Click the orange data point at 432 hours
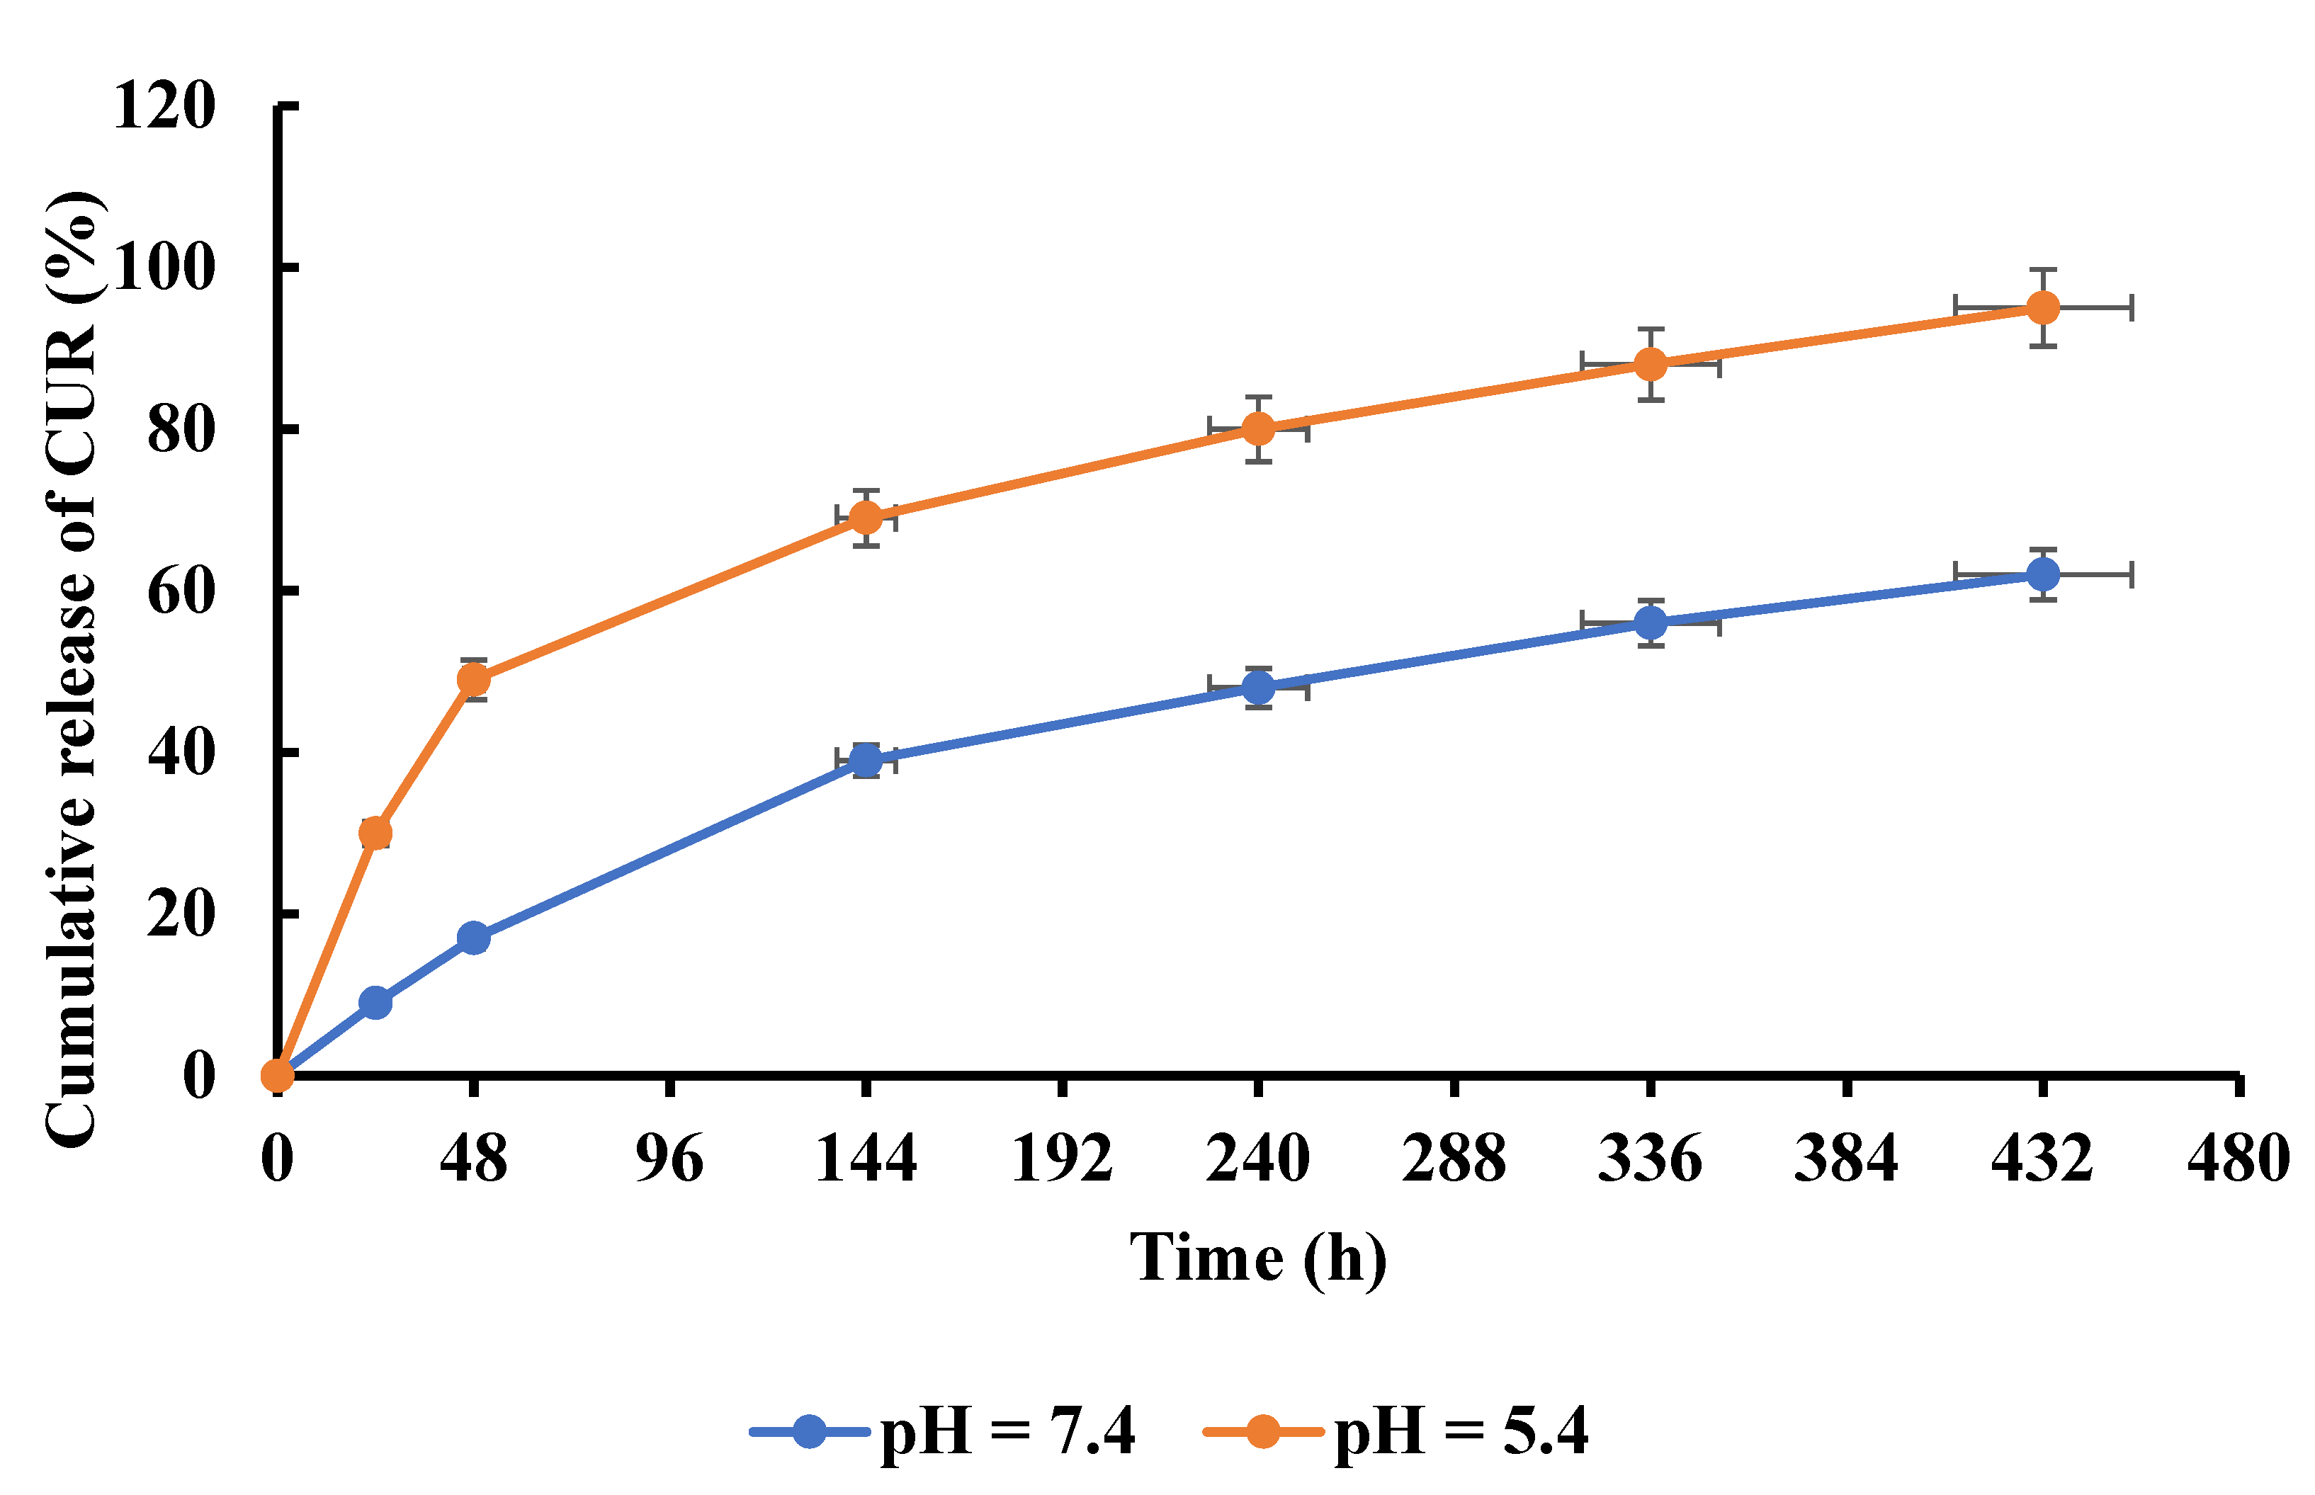coord(2043,308)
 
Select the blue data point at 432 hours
coord(2043,575)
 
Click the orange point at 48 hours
coord(473,680)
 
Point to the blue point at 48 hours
coord(473,938)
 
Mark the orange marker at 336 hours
coord(1651,364)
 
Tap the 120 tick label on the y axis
coord(163,105)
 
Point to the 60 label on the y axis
coord(181,591)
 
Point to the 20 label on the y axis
coord(181,914)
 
